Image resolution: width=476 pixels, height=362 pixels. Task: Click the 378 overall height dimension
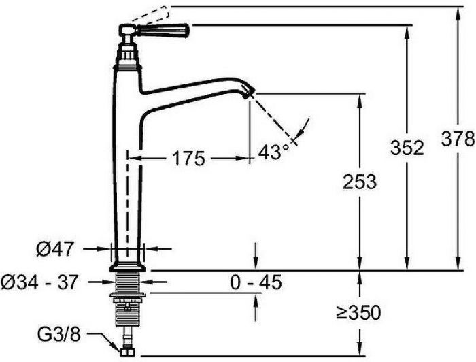pyautogui.click(x=458, y=139)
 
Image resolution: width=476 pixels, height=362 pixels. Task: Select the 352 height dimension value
pyautogui.click(x=407, y=148)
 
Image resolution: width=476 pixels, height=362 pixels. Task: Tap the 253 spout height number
pyautogui.click(x=360, y=182)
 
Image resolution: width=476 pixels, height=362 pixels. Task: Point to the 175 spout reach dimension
pyautogui.click(x=188, y=159)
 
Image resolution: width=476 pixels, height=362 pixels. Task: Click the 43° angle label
pyautogui.click(x=274, y=151)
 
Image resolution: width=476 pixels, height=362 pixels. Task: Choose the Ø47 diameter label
pyautogui.click(x=55, y=249)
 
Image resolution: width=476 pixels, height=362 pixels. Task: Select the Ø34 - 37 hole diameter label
pyautogui.click(x=39, y=282)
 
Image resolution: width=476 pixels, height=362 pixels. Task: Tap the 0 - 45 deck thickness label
pyautogui.click(x=256, y=282)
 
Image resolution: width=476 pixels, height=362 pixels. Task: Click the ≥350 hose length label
pyautogui.click(x=358, y=312)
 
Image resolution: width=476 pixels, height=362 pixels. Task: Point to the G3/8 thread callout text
pyautogui.click(x=59, y=335)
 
